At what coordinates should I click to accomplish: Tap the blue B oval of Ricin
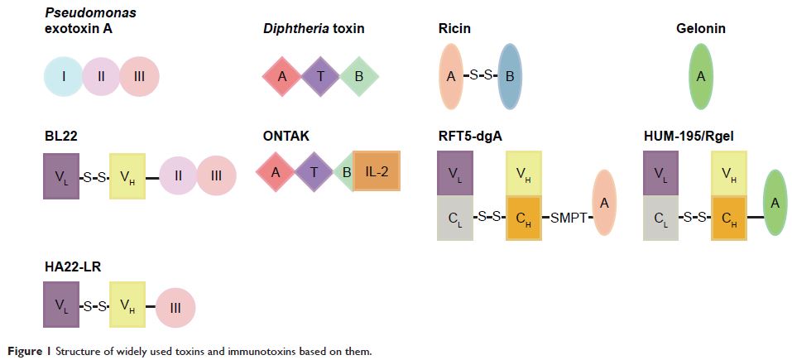[510, 77]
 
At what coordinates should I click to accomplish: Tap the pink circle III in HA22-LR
[175, 305]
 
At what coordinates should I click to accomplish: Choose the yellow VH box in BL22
[127, 175]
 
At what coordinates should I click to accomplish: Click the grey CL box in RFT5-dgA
[456, 218]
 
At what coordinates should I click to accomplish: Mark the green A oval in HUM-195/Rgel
[775, 203]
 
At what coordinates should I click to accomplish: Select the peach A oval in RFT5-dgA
[606, 203]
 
